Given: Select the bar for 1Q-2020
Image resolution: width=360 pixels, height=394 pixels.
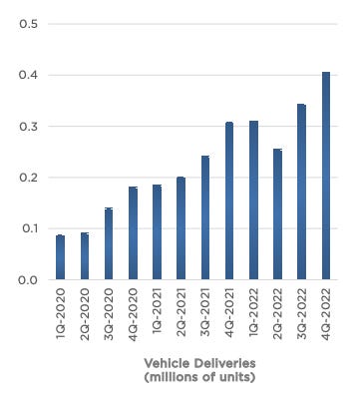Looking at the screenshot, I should [x=61, y=257].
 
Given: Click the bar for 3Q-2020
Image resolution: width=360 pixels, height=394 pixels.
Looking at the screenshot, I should [x=109, y=244].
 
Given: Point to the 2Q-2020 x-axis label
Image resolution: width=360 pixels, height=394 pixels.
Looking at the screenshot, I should [x=85, y=317].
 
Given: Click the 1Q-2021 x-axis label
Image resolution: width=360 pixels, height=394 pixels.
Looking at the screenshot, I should [x=158, y=317].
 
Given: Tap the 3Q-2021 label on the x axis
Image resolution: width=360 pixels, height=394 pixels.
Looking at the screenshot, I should [x=205, y=317].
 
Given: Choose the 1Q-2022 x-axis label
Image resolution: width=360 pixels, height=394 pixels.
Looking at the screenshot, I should [x=253, y=317].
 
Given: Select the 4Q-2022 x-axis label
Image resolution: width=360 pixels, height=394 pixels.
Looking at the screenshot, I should [x=326, y=317].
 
